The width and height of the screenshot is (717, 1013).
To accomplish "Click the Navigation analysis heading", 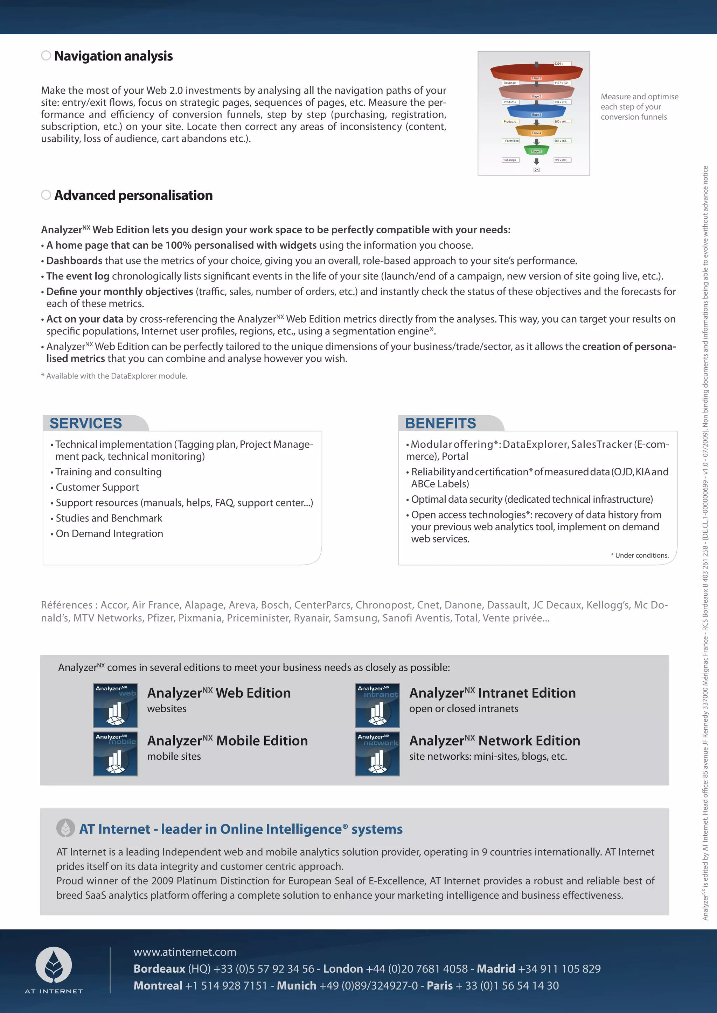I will click(113, 56).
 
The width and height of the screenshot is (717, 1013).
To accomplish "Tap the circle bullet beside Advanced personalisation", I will click(46, 195).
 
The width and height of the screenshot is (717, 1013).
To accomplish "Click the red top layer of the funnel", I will click(536, 71).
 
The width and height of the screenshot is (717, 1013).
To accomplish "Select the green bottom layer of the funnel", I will click(536, 150).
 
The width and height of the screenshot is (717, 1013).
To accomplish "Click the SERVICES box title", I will click(86, 423).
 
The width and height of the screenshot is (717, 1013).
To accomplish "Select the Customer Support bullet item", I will click(97, 488).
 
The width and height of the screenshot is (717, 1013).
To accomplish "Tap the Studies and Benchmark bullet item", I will click(109, 518).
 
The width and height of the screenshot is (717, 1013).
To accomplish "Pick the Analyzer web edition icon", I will click(115, 705).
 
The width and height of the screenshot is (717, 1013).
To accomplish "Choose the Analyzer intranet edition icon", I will click(377, 705).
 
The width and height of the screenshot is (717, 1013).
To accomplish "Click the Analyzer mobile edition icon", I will click(115, 753).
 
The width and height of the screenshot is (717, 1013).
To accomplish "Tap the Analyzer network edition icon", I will click(377, 753).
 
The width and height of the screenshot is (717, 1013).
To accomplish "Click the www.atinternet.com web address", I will click(185, 952).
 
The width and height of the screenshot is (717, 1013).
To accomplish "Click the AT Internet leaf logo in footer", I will click(54, 965).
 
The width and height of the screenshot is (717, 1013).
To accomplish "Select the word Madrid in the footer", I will click(495, 969).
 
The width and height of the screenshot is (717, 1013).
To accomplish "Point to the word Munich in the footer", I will click(296, 986).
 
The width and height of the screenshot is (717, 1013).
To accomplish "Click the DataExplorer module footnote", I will click(114, 376).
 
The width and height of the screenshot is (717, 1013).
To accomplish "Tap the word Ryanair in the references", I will click(313, 618).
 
